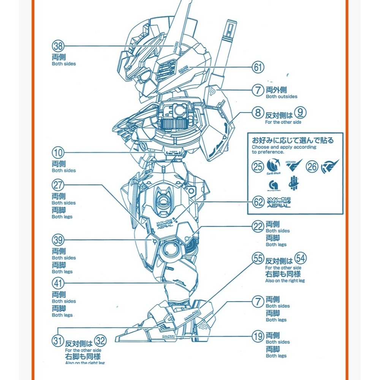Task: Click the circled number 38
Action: (58, 46)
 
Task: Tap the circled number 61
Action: (258, 68)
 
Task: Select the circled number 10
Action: (58, 153)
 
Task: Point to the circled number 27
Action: (58, 185)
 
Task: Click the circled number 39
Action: (58, 240)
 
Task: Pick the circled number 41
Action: (58, 283)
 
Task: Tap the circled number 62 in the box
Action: (258, 201)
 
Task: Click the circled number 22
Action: (258, 227)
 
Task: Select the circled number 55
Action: (258, 258)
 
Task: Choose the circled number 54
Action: (300, 258)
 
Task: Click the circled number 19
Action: (258, 336)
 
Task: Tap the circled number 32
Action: (100, 340)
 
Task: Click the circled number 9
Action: (300, 112)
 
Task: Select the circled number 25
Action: (258, 166)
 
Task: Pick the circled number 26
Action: (312, 166)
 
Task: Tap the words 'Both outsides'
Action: (282, 97)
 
